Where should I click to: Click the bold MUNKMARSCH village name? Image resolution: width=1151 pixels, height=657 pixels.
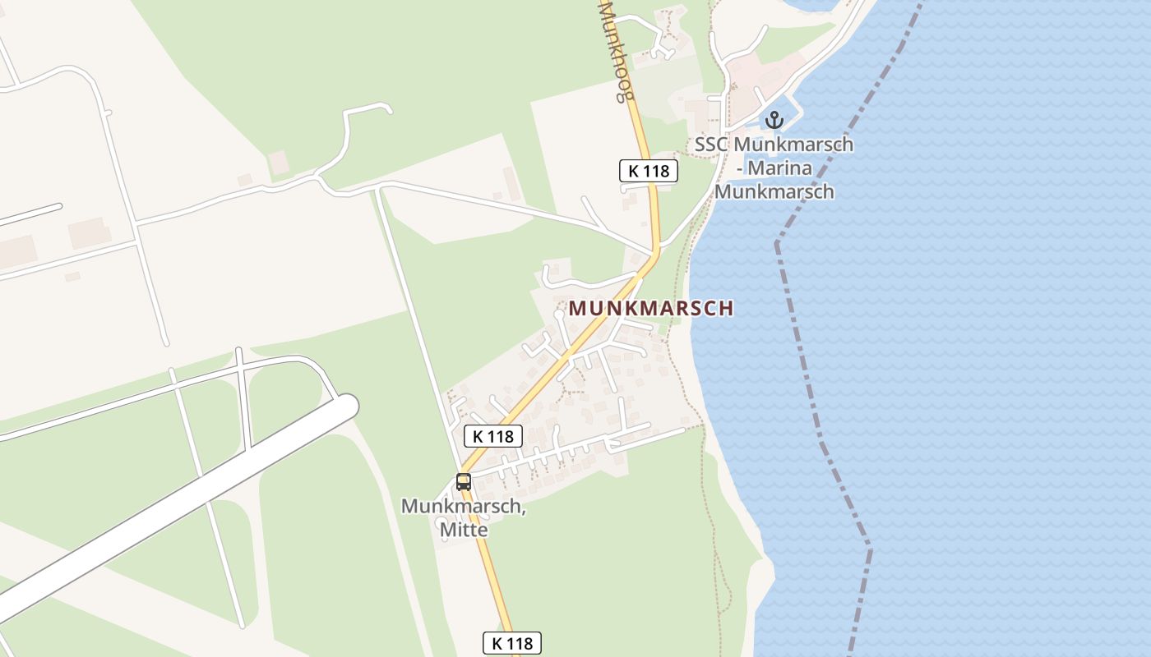650,309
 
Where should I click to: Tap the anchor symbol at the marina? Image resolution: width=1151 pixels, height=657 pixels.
774,120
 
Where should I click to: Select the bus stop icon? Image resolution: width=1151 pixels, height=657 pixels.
464,482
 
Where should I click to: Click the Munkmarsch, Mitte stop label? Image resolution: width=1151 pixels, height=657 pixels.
464,517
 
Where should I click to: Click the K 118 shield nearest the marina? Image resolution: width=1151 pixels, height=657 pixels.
649,171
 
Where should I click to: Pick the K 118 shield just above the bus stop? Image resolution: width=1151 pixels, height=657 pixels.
493,436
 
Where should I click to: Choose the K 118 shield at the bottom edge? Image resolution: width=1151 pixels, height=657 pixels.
511,643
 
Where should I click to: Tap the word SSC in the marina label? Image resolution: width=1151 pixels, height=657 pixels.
712,145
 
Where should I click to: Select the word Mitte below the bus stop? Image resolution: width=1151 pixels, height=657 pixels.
464,530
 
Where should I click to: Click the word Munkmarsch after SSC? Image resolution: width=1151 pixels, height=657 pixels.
793,145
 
